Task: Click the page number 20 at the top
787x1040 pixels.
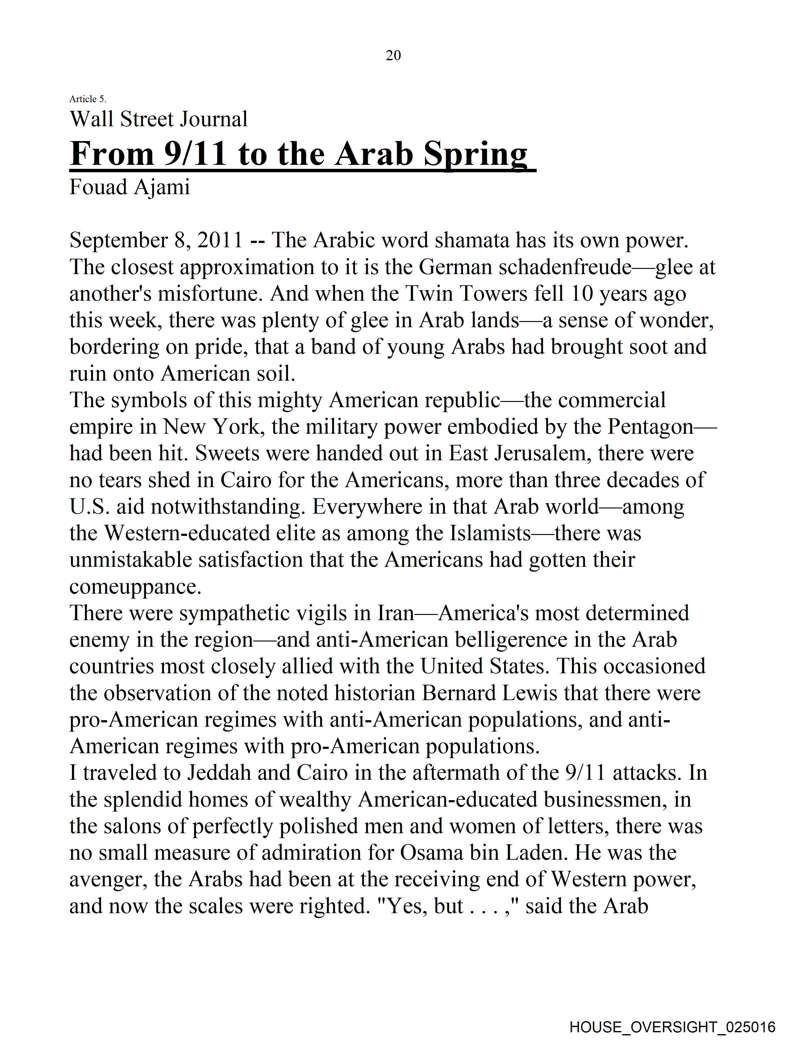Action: pyautogui.click(x=393, y=56)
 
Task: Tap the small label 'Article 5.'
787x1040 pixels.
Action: pyautogui.click(x=88, y=99)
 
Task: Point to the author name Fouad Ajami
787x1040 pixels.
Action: pyautogui.click(x=130, y=187)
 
